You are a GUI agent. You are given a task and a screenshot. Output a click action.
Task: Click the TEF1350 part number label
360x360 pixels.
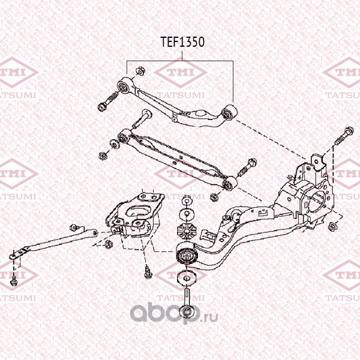coord(182,42)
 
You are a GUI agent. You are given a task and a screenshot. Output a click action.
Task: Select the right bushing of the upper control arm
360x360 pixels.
coord(229,113)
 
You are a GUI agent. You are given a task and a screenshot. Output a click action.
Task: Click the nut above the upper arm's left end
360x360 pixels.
coord(139,71)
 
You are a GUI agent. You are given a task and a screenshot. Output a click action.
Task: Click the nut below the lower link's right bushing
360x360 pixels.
coord(214,197)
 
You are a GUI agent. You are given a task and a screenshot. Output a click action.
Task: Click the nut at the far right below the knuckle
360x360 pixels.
coord(332,227)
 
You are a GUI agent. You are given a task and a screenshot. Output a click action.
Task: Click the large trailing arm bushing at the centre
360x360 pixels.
coord(187,255)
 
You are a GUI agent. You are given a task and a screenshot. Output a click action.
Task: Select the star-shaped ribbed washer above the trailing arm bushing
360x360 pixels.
coord(185,231)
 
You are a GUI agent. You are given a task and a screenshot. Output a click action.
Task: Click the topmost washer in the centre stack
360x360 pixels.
coord(187,202)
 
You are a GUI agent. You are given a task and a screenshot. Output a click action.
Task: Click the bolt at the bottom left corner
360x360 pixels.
coord(14,281)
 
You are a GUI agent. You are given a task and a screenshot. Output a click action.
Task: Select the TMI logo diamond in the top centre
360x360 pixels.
coord(180,73)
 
